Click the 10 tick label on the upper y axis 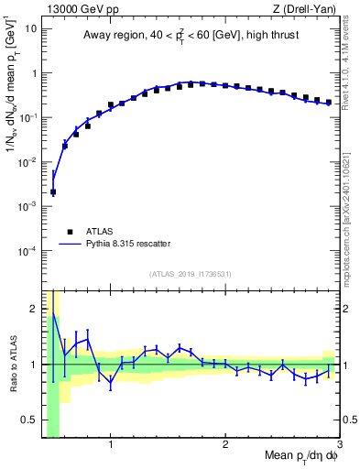coord(31,28)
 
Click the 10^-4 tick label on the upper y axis coord(28,251)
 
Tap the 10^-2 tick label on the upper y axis coord(28,162)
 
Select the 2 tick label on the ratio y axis coord(34,309)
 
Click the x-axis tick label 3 coord(339,445)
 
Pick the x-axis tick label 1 coord(111,445)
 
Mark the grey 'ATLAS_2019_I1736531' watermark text coord(191,274)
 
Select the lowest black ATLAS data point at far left coord(53,192)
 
